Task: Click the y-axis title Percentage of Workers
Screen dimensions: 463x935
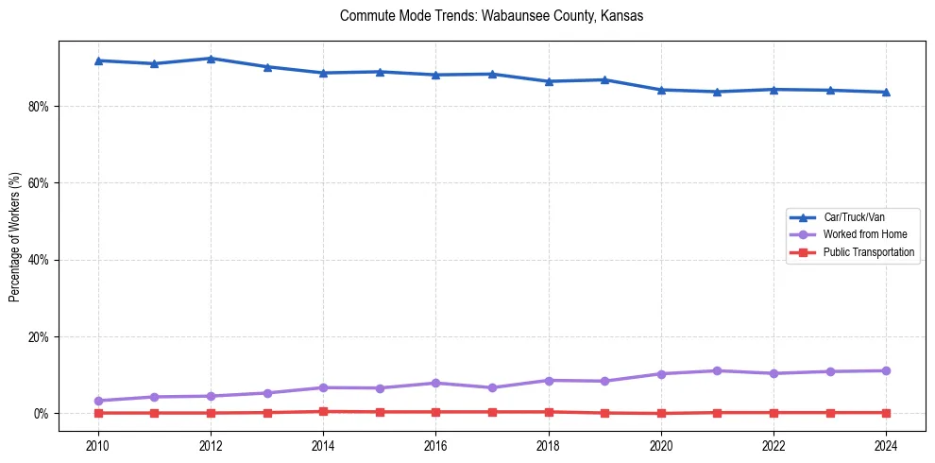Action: click(x=14, y=237)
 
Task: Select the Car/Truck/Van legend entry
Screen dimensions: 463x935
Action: click(x=854, y=217)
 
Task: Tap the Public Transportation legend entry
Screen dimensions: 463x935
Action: click(x=868, y=252)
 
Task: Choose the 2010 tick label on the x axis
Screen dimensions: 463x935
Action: click(x=98, y=444)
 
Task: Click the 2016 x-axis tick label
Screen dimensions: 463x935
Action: click(x=435, y=444)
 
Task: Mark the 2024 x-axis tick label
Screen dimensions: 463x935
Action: click(x=886, y=444)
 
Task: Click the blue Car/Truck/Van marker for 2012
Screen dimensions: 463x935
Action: click(x=211, y=59)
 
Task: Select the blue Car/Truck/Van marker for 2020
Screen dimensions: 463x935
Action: click(x=661, y=90)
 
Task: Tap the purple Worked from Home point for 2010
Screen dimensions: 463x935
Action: click(x=98, y=401)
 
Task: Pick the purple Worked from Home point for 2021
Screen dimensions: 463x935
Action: click(x=718, y=370)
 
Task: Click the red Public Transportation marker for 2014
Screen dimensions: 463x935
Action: click(x=323, y=411)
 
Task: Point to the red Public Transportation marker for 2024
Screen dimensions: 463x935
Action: click(x=886, y=412)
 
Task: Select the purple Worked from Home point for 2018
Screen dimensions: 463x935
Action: click(x=549, y=380)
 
